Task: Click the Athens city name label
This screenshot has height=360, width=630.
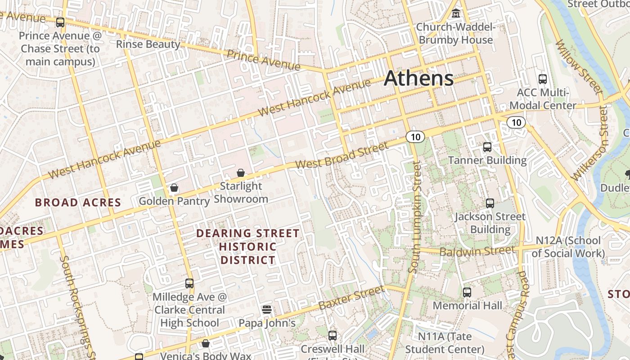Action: point(418,78)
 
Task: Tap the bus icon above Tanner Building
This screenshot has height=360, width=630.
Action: point(487,147)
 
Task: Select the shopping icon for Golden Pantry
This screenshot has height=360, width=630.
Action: point(174,188)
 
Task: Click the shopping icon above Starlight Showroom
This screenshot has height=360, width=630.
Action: point(241,173)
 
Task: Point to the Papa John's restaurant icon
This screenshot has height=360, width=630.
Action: point(267,310)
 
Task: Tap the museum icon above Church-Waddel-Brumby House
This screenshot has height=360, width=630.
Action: point(456,13)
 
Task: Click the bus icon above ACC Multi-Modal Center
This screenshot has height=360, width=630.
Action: point(543,79)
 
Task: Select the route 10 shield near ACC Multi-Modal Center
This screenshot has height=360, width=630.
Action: point(516,122)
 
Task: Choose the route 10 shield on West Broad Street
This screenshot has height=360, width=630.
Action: point(415,137)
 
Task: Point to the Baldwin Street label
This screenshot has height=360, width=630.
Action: point(477,251)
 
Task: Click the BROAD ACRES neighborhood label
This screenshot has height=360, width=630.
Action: point(78,202)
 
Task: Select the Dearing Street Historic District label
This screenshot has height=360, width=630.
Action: point(248,247)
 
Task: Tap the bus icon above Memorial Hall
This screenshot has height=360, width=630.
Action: point(467,292)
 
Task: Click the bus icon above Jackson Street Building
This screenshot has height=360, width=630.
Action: point(490,203)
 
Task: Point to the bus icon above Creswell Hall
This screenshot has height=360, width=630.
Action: point(333,336)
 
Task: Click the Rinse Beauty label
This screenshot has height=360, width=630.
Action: point(148,44)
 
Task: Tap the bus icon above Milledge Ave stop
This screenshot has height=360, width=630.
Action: point(189,283)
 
